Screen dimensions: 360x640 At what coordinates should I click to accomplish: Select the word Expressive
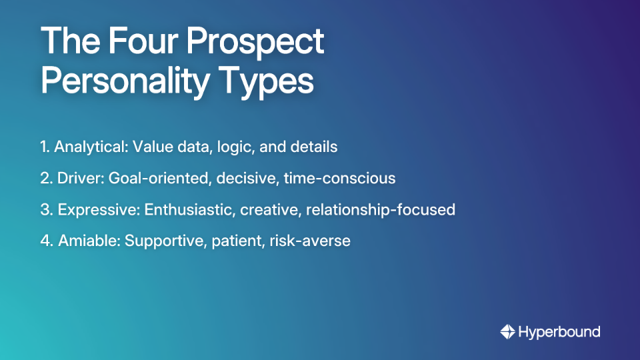pos(99,210)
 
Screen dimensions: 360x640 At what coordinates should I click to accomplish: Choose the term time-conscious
pos(340,179)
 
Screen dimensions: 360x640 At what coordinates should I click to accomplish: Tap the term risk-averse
pos(310,241)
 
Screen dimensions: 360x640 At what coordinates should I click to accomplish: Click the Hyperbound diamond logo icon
pos(507,331)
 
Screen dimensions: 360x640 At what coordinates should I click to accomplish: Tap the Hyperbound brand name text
pos(559,332)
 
